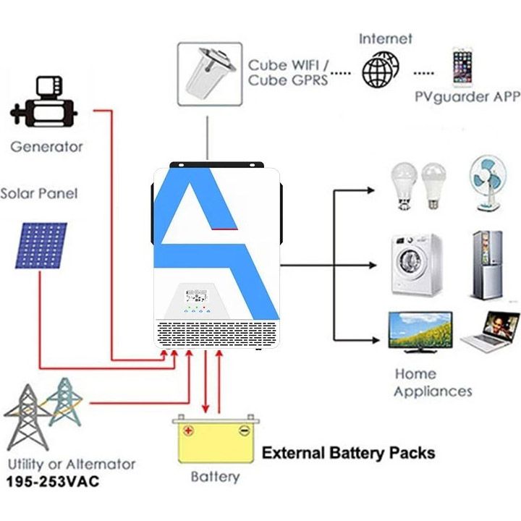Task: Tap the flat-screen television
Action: tap(420, 331)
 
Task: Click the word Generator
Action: tap(46, 147)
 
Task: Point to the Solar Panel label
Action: tap(38, 194)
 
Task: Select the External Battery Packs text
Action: tap(348, 454)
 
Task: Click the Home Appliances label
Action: tap(433, 383)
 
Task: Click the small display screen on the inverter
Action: tap(196, 295)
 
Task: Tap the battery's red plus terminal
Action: tap(189, 431)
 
